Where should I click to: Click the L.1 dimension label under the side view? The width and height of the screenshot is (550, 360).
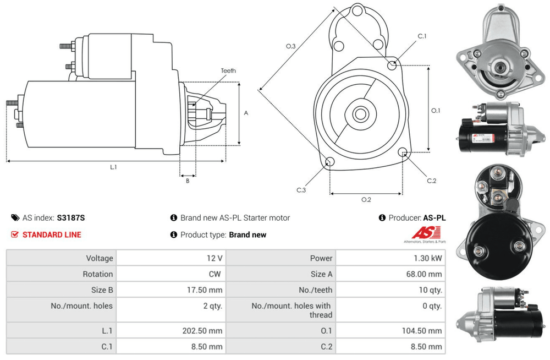(113, 167)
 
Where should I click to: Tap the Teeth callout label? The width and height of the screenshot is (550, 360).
(228, 71)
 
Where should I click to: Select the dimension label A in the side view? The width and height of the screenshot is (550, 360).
(246, 113)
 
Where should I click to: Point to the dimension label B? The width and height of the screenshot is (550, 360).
(187, 181)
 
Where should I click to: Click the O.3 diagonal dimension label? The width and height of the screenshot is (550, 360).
(290, 47)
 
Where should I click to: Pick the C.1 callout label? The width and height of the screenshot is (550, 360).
(422, 36)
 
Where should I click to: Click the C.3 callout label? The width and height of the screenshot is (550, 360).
(301, 190)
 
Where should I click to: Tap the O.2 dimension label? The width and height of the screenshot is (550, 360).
(366, 199)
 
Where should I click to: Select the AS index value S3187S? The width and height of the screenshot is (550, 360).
(71, 217)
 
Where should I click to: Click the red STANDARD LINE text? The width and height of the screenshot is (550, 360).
(52, 234)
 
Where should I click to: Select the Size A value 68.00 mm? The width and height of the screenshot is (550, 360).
(424, 274)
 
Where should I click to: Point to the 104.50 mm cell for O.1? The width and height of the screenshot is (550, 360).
(421, 331)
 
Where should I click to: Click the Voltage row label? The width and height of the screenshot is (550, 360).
(100, 258)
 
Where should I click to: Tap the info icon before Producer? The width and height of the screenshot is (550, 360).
(382, 218)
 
